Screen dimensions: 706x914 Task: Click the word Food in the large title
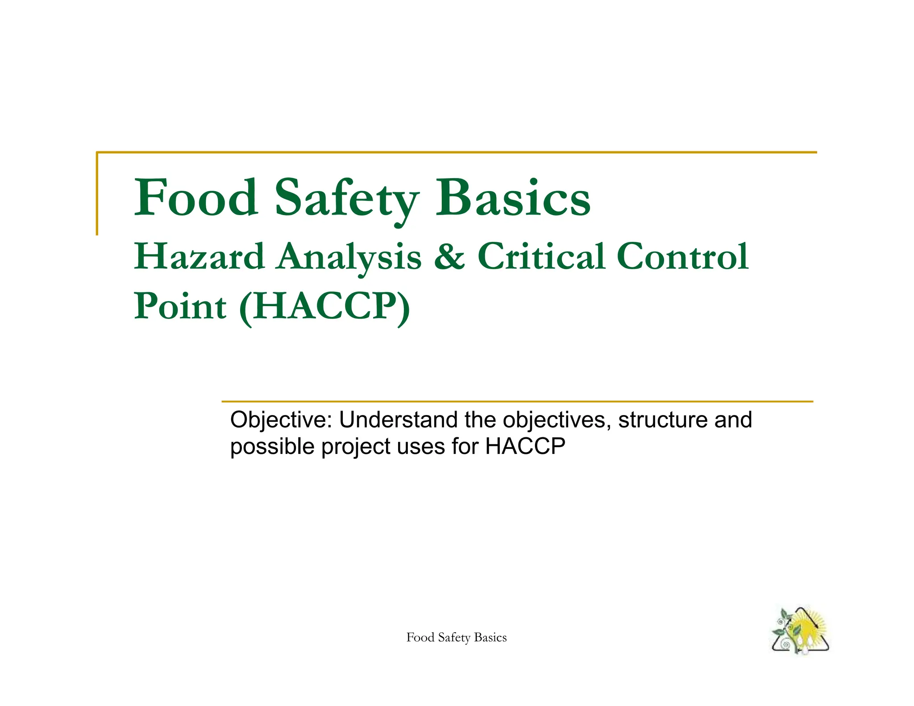[196, 198]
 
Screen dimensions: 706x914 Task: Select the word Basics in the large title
[513, 198]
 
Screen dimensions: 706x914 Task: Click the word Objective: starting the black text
[281, 420]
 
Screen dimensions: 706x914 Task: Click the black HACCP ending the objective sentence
[525, 446]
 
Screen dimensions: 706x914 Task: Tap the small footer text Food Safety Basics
[457, 638]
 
